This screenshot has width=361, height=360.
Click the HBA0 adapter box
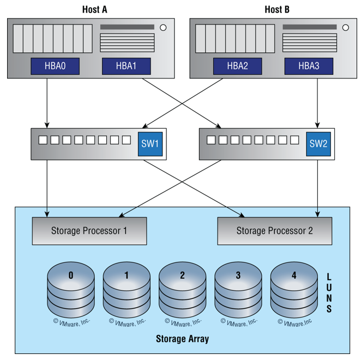point(55,67)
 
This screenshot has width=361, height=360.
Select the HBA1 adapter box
point(126,67)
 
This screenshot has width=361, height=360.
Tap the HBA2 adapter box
point(237,67)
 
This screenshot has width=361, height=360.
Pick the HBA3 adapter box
point(309,67)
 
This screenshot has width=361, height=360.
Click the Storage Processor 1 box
point(89,231)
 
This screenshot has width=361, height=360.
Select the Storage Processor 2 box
point(274,231)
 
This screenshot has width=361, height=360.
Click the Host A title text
point(94,9)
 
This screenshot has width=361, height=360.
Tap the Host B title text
point(276,9)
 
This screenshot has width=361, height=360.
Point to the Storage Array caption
point(182,339)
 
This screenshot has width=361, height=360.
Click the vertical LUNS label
point(329,293)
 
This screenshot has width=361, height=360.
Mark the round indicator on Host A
point(163,27)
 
